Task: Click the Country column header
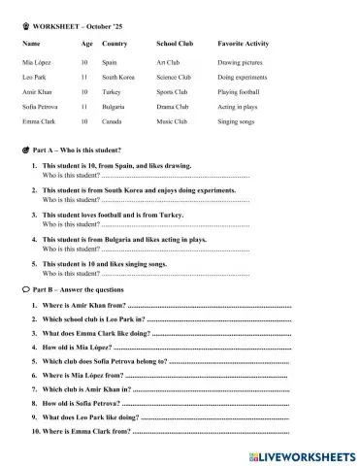115,44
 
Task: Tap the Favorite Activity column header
244,44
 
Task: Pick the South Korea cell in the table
118,76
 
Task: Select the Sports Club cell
173,91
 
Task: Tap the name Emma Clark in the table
36,121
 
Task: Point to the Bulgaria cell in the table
115,106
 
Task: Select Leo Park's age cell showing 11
85,76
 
